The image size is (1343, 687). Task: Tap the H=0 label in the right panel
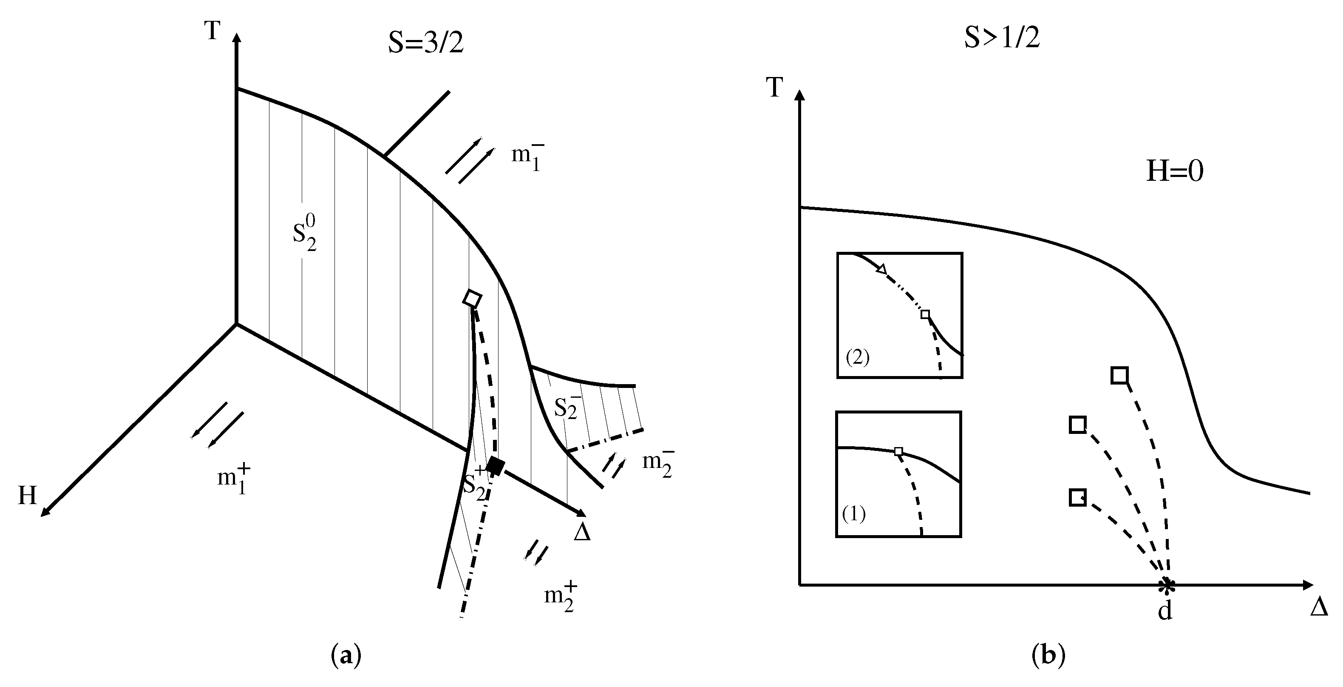coord(1175,171)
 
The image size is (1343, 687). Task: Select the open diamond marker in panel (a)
coord(472,299)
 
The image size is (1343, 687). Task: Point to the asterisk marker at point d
coord(1166,585)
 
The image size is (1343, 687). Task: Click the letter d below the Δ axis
coord(1164,610)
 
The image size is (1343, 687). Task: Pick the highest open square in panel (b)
coord(1119,375)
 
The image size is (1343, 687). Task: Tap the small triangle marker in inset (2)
coord(881,269)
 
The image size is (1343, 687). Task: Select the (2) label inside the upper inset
coord(858,358)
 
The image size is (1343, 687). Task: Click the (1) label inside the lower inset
coord(854,514)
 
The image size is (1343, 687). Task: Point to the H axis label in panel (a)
coord(27,496)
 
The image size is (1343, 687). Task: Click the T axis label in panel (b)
coord(775,88)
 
